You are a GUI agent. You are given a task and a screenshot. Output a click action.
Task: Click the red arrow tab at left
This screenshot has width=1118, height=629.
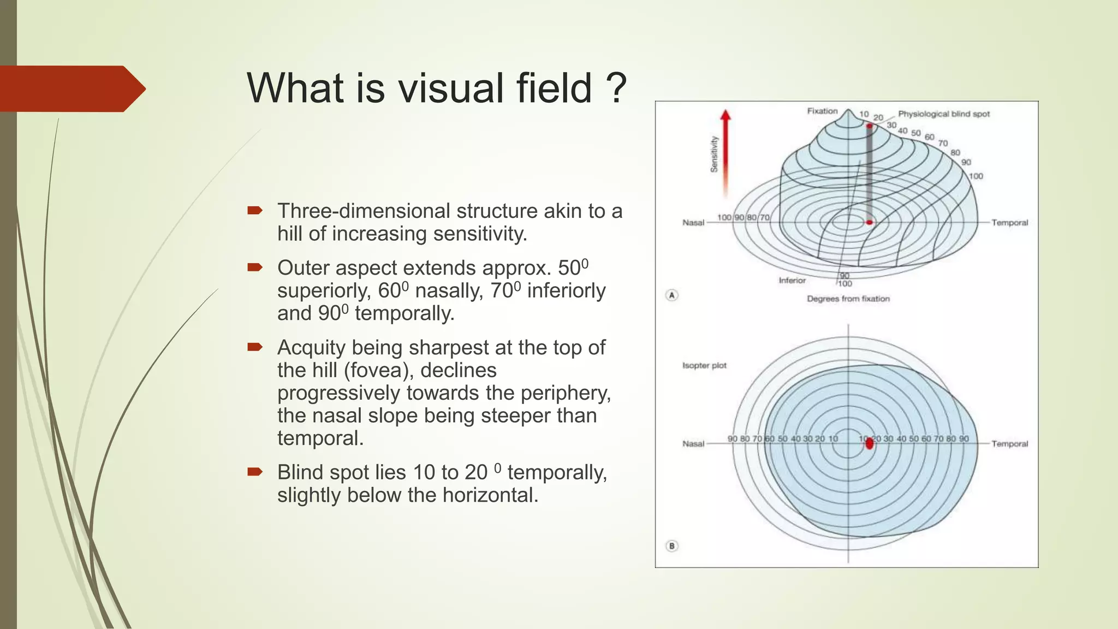click(x=71, y=88)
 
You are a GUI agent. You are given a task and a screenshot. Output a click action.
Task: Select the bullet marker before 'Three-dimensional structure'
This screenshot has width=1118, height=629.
click(x=254, y=210)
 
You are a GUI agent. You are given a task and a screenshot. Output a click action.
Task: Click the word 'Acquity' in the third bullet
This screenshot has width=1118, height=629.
click(x=312, y=348)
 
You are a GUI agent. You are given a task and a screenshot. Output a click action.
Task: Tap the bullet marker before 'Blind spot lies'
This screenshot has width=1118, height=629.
click(x=254, y=471)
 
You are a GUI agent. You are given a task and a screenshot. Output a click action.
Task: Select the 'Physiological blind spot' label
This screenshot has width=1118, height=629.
click(x=943, y=114)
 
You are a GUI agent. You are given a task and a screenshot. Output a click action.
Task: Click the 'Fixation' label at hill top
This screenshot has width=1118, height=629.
click(x=822, y=111)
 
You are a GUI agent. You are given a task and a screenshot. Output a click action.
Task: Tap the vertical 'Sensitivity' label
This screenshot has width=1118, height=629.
click(x=714, y=154)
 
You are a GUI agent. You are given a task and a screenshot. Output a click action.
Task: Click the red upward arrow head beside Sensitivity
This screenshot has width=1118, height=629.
click(x=725, y=115)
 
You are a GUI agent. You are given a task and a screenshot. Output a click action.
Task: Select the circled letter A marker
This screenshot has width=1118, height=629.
click(x=672, y=295)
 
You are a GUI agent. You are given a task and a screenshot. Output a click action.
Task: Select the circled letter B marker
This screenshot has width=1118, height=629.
click(x=672, y=545)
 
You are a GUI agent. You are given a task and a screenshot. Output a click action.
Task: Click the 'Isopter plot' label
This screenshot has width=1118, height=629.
click(x=704, y=365)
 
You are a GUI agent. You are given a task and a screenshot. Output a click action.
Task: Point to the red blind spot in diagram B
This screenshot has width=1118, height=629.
click(x=870, y=443)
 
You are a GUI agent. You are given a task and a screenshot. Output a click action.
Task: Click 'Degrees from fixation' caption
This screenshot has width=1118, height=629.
click(x=848, y=299)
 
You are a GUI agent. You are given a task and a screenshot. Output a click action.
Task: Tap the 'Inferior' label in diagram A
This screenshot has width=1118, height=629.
click(x=792, y=280)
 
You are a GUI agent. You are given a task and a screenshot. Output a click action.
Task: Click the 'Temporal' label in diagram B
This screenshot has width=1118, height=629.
click(x=1009, y=443)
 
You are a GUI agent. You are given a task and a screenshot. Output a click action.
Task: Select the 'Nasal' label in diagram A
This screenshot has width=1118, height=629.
click(x=693, y=222)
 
